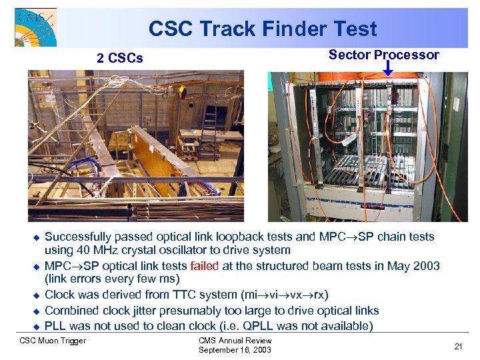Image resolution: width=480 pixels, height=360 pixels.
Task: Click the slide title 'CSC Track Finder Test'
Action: click(262, 29)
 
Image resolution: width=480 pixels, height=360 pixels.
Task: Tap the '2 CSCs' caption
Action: click(119, 58)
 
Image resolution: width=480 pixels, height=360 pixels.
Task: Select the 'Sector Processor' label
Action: click(383, 55)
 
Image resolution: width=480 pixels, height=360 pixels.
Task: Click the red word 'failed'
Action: click(204, 266)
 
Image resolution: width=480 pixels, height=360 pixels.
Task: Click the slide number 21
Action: click(458, 346)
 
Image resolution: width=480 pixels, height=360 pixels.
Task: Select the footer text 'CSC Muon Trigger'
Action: click(53, 341)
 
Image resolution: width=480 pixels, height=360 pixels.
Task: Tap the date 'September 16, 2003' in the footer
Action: click(235, 350)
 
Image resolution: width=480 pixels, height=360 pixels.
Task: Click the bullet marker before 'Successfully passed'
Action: click(37, 237)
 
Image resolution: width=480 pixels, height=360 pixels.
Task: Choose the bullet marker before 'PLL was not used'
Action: click(37, 327)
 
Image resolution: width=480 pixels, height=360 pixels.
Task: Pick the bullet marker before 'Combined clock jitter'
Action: click(37, 311)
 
